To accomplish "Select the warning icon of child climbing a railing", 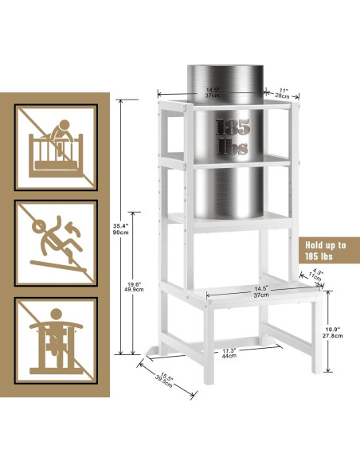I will pos(55,144).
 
